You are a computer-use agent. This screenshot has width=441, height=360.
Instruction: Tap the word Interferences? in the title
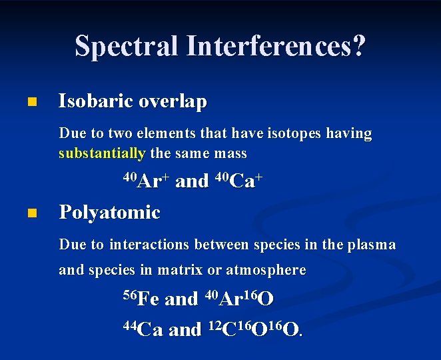pyautogui.click(x=276, y=47)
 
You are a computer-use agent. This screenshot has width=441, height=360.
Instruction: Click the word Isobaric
pyautogui.click(x=97, y=101)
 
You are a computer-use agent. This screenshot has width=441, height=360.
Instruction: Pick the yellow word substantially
pyautogui.click(x=102, y=153)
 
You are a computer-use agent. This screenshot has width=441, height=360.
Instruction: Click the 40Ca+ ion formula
pyautogui.click(x=236, y=181)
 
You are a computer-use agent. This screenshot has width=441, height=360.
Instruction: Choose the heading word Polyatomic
pyautogui.click(x=110, y=213)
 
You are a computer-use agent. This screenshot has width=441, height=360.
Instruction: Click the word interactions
pyautogui.click(x=149, y=245)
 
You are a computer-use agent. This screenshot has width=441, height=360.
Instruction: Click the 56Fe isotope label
pyautogui.click(x=141, y=298)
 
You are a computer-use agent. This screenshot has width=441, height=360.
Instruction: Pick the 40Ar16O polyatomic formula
pyautogui.click(x=239, y=298)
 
